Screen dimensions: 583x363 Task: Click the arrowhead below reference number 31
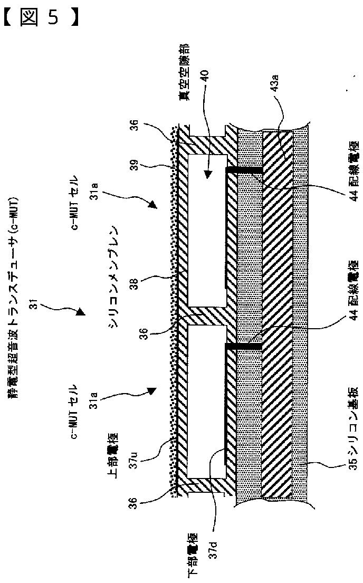coord(80,312)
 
